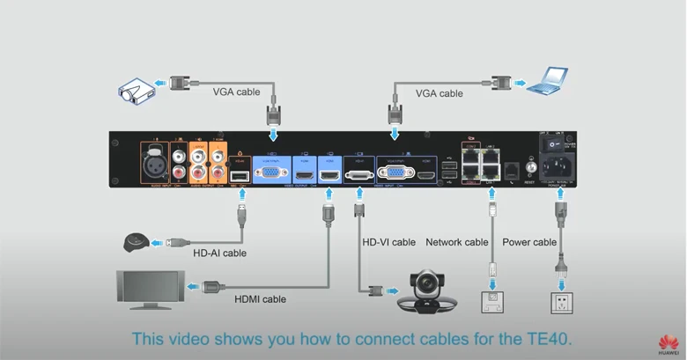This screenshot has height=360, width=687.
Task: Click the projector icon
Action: pos(137,89)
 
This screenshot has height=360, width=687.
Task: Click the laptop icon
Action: pos(545,81)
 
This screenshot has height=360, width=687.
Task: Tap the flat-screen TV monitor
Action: pos(151,289)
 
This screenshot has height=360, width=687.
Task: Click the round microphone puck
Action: pos(137,241)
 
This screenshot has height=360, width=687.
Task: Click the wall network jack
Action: pos(493,302)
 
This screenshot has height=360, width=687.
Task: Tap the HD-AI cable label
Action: pos(218,253)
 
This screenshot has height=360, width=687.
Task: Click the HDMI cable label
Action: pos(260,299)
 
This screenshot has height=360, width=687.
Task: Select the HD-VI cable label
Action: pos(388,242)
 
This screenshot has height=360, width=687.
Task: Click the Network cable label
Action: pos(456,242)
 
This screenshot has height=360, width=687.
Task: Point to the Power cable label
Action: pos(529,242)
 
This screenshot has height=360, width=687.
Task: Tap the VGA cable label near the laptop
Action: pos(439,92)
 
